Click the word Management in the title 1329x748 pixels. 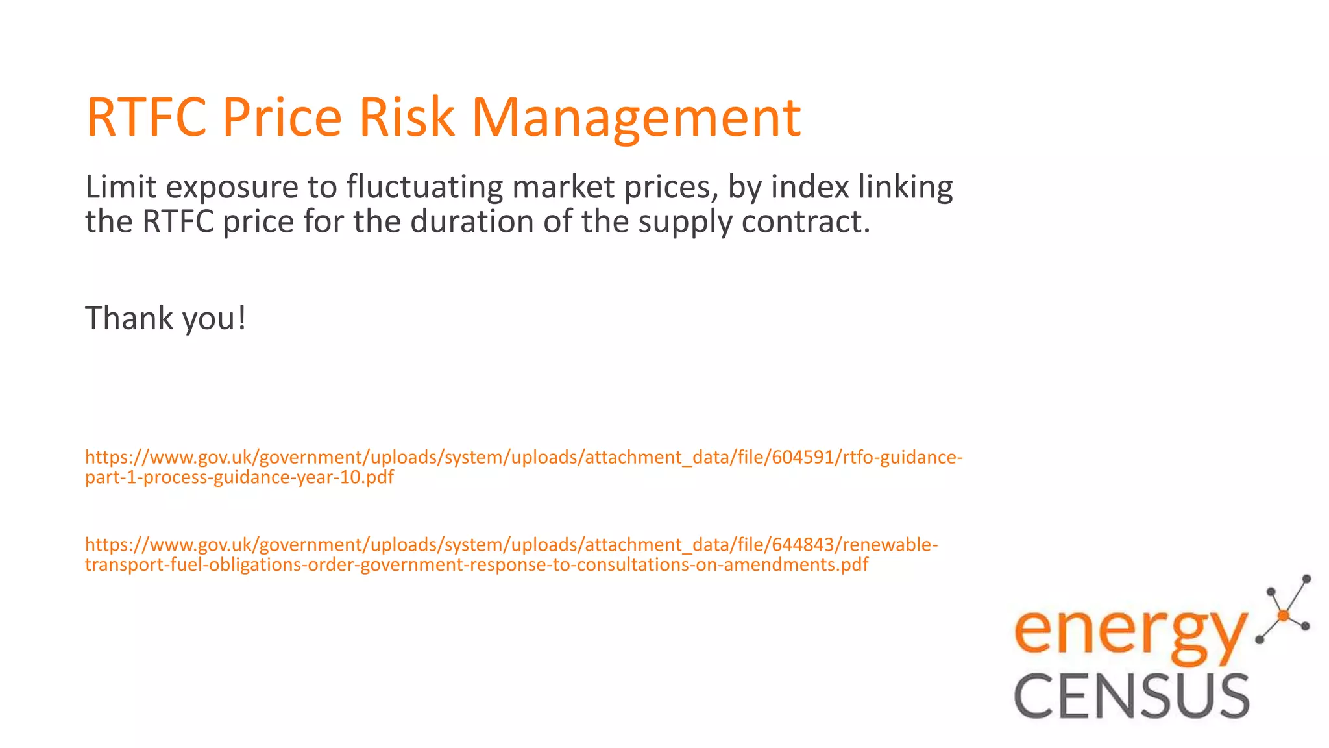click(x=636, y=118)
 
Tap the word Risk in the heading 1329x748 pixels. click(x=406, y=118)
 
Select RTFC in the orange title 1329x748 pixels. click(x=146, y=118)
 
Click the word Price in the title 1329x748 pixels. click(x=282, y=118)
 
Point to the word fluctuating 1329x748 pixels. click(x=424, y=187)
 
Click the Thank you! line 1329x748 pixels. click(x=165, y=319)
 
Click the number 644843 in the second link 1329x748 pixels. click(x=802, y=544)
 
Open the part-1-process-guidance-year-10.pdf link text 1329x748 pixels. click(x=239, y=478)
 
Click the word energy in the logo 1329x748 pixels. click(x=1130, y=632)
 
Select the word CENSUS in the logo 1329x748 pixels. click(x=1132, y=696)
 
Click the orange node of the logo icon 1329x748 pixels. click(x=1282, y=615)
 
